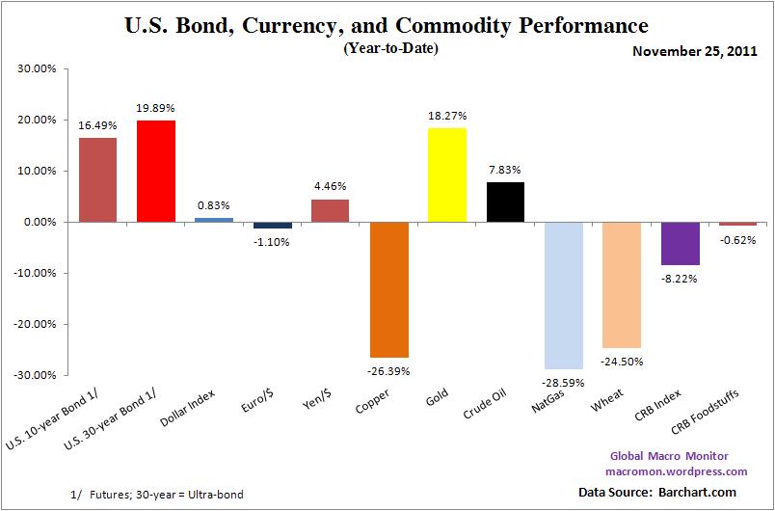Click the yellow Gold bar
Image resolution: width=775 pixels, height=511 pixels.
point(447,175)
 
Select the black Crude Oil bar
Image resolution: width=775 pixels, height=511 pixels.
point(505,202)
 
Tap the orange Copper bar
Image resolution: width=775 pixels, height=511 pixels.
point(388,289)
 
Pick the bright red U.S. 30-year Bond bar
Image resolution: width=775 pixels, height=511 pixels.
point(156,171)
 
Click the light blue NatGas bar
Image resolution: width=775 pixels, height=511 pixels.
point(564,295)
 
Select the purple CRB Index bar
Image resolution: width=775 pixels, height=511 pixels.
point(681,243)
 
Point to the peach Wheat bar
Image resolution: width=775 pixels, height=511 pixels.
point(622,284)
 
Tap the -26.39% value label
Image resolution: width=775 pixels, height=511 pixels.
point(388,369)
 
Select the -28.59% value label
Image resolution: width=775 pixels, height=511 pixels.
point(564,381)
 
